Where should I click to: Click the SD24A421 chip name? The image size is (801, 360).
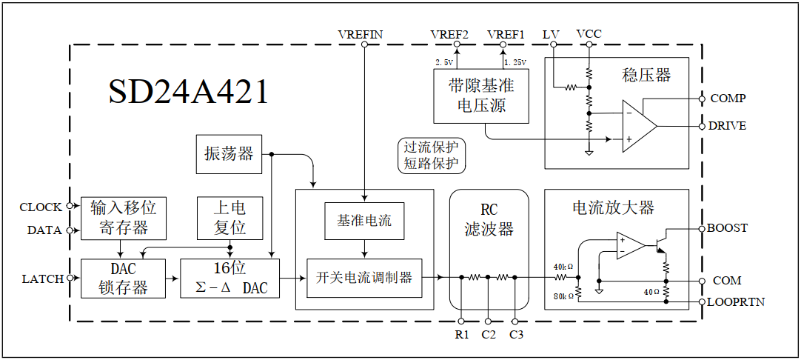[x=189, y=93]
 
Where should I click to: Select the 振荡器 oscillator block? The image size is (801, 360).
[x=229, y=154]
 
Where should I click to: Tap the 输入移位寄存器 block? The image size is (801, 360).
[x=124, y=217]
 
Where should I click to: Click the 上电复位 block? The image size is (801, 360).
[x=229, y=217]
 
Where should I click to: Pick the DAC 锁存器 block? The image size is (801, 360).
[x=124, y=278]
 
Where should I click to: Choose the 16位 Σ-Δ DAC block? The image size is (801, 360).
[x=229, y=278]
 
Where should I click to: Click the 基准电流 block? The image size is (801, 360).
[x=364, y=221]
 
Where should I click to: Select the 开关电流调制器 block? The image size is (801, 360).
[x=364, y=278]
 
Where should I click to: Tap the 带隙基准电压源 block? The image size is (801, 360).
[x=481, y=96]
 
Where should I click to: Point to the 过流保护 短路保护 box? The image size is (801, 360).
[x=431, y=156]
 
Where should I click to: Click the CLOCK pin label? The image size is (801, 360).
[x=41, y=207]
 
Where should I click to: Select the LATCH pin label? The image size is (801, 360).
[x=42, y=279]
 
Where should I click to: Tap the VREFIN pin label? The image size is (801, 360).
[x=361, y=34]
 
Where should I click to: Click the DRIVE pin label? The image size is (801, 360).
[x=727, y=126]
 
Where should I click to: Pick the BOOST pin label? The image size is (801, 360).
[x=727, y=228]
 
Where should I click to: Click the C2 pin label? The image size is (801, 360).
[x=489, y=335]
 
